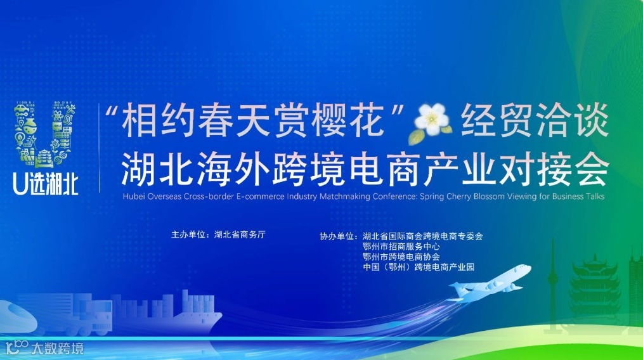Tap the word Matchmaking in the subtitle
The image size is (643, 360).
tap(346, 196)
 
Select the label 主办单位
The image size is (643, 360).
tap(190, 234)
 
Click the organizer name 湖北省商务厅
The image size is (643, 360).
tap(240, 234)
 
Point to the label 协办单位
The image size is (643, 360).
tap(338, 236)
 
